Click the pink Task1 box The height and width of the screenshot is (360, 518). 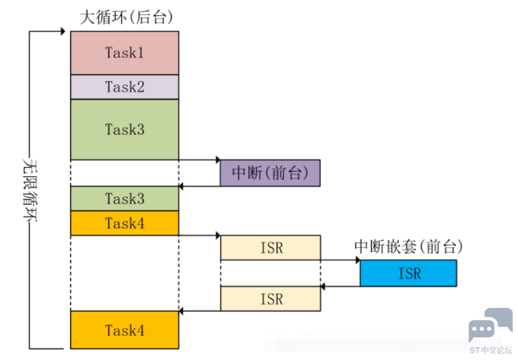click(124, 53)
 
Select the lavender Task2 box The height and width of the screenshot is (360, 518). click(124, 87)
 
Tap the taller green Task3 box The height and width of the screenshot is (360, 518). click(124, 129)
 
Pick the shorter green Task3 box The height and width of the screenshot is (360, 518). click(124, 199)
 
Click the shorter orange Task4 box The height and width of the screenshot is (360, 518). click(124, 223)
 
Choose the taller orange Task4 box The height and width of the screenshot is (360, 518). click(124, 330)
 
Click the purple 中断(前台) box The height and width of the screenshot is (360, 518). click(270, 173)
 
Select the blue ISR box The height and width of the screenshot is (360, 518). click(408, 273)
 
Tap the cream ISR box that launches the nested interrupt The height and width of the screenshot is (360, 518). click(270, 248)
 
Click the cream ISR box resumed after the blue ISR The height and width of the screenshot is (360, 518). click(270, 299)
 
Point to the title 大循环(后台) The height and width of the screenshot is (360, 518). click(126, 17)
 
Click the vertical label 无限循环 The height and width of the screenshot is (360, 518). click(30, 190)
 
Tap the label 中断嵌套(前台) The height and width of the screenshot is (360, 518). click(408, 247)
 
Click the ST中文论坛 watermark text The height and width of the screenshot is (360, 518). click(490, 351)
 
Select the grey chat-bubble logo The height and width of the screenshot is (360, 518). click(490, 325)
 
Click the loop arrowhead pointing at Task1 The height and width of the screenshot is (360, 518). click(63, 31)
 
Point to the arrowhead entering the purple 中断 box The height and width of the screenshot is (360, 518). click(218, 160)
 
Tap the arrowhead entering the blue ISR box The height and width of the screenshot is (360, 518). click(358, 260)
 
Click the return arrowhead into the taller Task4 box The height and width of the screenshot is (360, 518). click(181, 311)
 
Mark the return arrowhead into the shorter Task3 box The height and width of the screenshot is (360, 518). click(181, 187)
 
